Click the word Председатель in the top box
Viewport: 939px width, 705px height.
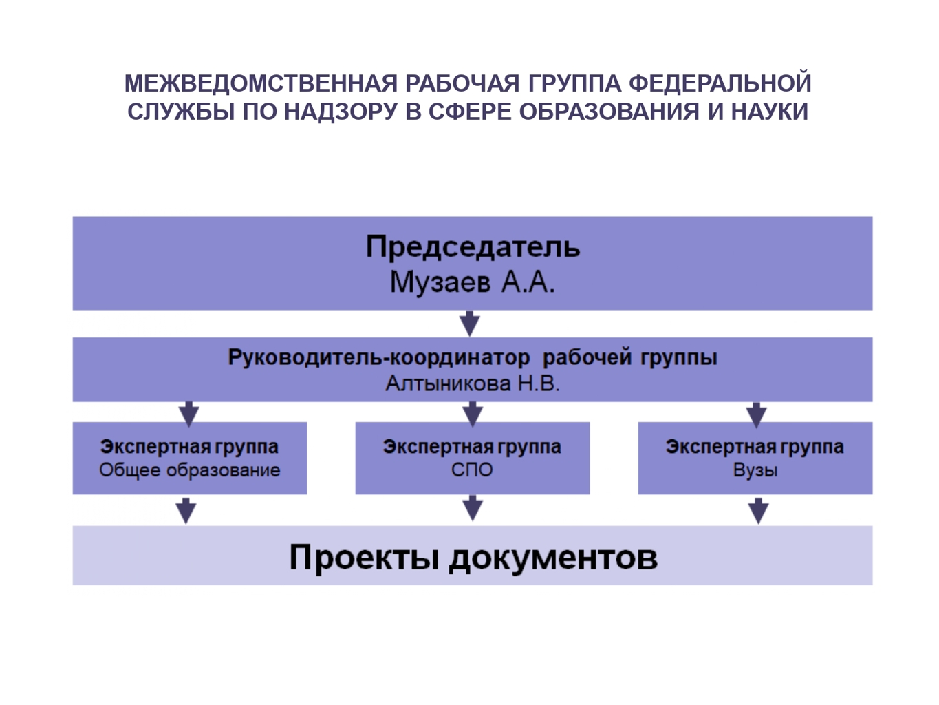coord(473,248)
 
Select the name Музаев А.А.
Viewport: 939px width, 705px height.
coord(473,283)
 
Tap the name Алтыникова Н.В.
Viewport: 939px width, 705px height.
coord(473,384)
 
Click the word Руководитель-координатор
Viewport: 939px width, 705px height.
coord(378,357)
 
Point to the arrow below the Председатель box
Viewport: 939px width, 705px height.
coord(470,324)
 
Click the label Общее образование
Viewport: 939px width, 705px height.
coord(189,470)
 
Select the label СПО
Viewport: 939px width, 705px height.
coord(472,470)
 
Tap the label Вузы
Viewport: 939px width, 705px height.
coord(755,470)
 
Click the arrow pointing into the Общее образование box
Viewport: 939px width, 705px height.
coord(188,414)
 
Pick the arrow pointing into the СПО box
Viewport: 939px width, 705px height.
coord(473,414)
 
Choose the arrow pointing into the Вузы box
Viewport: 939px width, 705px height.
coord(756,415)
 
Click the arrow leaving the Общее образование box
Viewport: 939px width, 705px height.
coord(186,511)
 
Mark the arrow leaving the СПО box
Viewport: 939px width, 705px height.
coord(473,508)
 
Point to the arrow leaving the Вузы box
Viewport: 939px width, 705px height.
coord(759,511)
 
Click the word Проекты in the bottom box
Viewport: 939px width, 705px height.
coord(365,558)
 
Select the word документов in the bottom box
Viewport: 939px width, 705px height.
coord(553,558)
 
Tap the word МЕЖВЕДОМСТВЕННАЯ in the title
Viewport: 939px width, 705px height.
coord(261,83)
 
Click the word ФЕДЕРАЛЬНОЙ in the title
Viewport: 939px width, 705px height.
coord(720,83)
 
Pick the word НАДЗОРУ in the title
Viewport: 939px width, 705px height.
coord(341,112)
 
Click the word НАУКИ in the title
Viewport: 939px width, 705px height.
coord(770,112)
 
